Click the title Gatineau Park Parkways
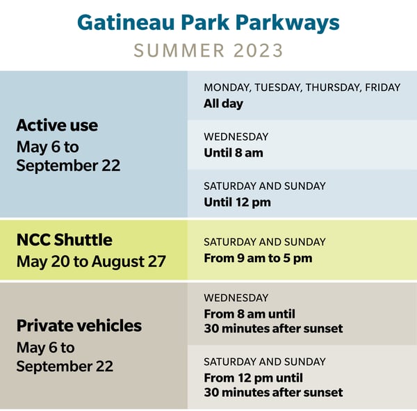pos(208,22)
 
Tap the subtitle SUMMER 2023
pos(208,50)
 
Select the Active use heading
pos(57,125)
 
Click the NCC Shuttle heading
pos(64,240)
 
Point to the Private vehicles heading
pos(79,325)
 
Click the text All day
pos(223,104)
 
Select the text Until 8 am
pos(233,152)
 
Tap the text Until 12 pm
pos(237,202)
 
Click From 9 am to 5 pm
pos(258,258)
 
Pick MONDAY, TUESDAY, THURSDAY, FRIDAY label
pos(302,88)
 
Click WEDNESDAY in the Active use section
pos(236,137)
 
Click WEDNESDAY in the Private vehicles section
pos(236,298)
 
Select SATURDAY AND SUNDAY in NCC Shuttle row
pos(264,242)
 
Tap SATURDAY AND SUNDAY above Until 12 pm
pos(264,186)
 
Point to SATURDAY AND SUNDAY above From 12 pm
pos(264,362)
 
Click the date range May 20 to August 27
pos(91,261)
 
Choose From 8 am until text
pos(255,313)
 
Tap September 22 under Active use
pos(68,166)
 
